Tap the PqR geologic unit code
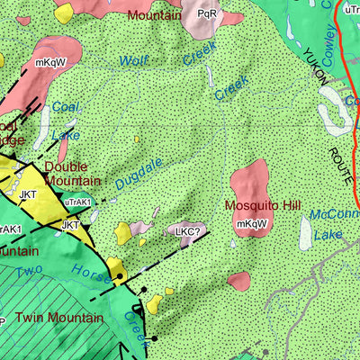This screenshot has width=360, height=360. point(207,14)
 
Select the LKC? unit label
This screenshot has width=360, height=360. point(187,231)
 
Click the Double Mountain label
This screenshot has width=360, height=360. point(72,174)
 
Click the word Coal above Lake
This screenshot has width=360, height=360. point(62,107)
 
